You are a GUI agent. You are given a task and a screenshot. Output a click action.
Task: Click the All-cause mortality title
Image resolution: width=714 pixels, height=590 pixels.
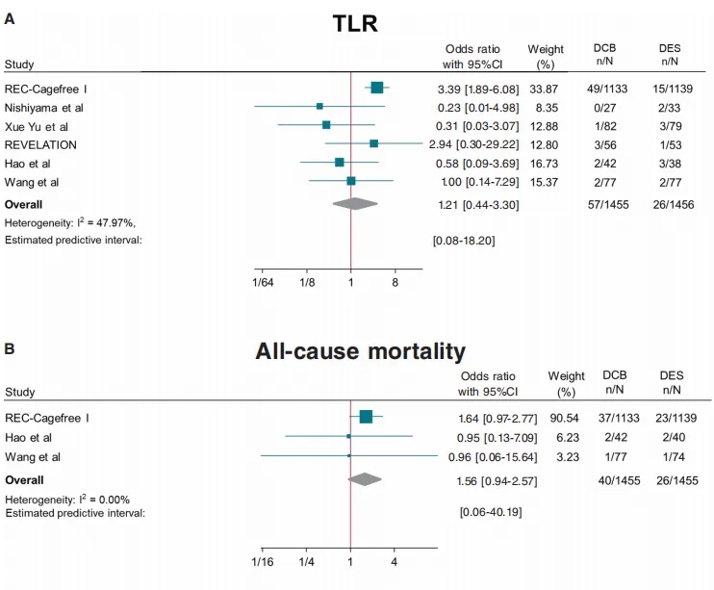tap(360, 351)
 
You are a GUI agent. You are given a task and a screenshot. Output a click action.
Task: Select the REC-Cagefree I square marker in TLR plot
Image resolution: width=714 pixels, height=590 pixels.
tap(376, 88)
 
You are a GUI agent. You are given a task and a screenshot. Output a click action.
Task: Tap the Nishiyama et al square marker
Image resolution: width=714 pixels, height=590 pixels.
tap(319, 106)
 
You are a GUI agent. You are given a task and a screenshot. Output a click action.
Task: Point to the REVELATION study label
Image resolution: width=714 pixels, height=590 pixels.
tap(40, 144)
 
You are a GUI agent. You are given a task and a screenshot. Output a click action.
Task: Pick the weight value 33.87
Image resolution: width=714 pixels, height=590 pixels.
tap(545, 89)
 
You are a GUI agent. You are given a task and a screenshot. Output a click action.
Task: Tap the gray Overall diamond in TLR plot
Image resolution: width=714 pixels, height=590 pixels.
tap(354, 203)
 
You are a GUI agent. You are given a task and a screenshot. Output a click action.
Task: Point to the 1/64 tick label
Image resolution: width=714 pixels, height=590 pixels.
tap(262, 283)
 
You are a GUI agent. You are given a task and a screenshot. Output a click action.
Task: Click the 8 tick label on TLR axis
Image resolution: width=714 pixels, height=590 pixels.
tap(395, 283)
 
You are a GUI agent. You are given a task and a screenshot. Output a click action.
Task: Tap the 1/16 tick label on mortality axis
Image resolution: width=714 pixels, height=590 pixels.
tap(262, 560)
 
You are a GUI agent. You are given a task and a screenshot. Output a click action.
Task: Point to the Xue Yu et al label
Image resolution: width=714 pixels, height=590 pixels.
tap(37, 126)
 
